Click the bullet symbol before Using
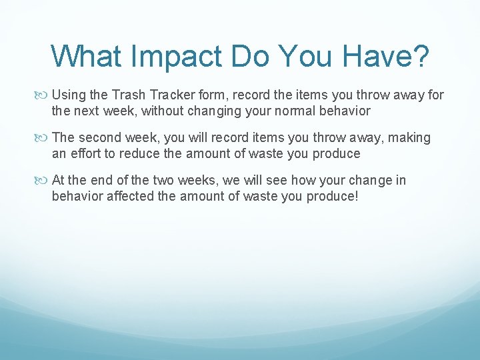click(45, 95)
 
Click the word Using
click(69, 95)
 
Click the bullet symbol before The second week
click(45, 138)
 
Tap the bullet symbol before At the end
click(45, 181)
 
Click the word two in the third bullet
click(163, 181)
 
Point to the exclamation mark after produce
click(357, 196)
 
